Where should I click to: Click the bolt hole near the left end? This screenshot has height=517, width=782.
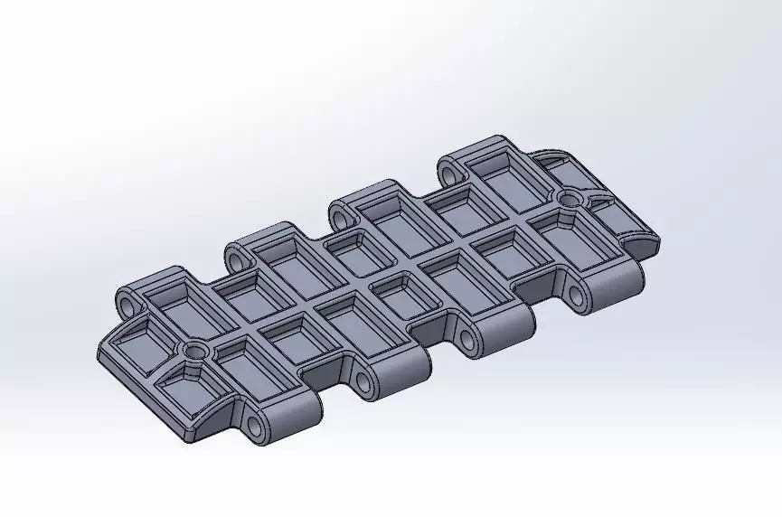193,348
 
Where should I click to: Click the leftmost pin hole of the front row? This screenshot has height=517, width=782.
256,423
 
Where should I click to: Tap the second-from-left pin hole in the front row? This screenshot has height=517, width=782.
363,382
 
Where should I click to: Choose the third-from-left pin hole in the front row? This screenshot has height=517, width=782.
468,339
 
